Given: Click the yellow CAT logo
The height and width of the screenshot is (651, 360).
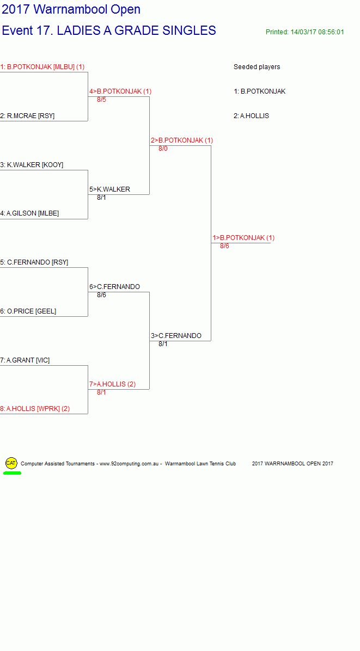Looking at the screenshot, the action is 11,463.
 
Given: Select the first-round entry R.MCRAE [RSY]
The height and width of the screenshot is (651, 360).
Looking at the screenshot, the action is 27,116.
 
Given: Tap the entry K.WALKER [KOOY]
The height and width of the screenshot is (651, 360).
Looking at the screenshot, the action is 32,165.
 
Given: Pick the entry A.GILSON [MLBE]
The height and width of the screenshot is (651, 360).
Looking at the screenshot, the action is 29,213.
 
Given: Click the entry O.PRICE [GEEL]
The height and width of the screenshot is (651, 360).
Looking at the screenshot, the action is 28,311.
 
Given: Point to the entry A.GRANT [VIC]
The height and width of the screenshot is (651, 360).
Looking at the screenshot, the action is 25,360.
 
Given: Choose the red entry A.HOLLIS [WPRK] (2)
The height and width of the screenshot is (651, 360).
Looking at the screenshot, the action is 35,409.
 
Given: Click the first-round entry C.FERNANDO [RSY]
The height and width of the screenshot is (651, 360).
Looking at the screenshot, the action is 34,262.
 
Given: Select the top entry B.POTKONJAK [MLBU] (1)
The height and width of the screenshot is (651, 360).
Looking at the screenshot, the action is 42,67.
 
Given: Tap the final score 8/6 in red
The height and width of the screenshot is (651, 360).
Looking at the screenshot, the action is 224,246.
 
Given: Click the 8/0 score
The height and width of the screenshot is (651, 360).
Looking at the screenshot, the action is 163,149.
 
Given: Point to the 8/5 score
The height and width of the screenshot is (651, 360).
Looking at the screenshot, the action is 101,100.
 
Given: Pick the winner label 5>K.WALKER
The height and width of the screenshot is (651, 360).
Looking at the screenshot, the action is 109,189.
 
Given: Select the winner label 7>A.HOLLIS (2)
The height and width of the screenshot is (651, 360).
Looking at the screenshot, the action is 113,384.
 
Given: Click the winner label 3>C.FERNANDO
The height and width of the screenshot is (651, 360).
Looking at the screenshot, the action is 176,336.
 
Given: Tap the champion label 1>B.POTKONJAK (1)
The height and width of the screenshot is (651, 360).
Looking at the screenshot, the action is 244,238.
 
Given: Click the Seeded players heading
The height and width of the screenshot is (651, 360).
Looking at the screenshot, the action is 257,67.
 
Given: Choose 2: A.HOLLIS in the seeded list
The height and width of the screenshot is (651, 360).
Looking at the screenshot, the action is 251,116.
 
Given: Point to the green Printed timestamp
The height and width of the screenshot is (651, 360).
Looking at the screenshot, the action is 305,32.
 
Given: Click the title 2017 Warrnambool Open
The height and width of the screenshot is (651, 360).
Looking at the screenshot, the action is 71,9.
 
